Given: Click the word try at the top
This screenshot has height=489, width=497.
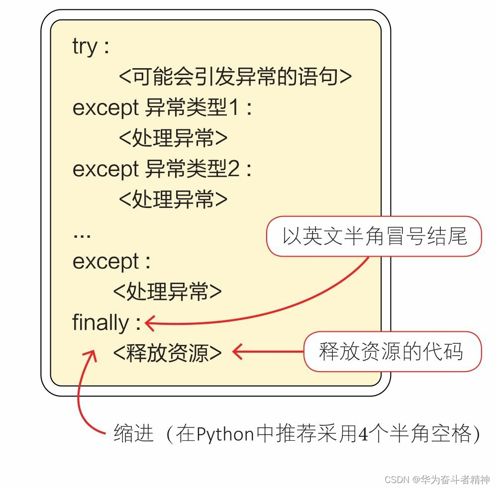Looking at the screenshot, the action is (85, 47).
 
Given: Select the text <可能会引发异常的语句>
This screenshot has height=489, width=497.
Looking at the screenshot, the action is (235, 77).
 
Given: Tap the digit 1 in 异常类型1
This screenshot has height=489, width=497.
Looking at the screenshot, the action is (234, 108).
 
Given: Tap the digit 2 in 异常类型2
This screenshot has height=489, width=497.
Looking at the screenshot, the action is (234, 169).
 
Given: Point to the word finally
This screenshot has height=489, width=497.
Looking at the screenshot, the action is (100, 322).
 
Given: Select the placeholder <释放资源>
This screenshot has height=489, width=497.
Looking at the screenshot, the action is (167, 353).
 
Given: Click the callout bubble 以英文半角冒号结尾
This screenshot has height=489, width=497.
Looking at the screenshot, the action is (375, 236).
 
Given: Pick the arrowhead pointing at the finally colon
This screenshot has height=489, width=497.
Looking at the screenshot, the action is (149, 323).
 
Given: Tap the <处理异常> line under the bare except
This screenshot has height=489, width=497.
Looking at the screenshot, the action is (167, 292).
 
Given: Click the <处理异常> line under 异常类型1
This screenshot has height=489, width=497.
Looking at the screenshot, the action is (173, 138).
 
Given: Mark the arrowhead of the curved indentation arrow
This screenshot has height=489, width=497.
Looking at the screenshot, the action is (92, 354).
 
